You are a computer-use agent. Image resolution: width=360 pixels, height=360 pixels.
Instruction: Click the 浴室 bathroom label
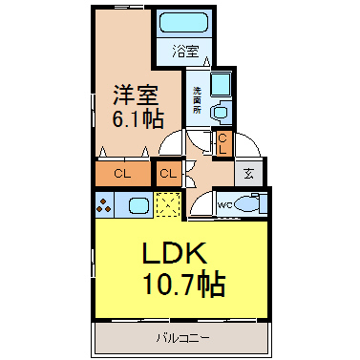point(186,52)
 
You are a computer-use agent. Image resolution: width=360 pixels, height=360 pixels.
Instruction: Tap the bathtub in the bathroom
point(183,22)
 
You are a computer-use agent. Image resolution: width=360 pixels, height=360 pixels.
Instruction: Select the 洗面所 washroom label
point(197,100)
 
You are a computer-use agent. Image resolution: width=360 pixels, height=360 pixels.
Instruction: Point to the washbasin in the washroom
point(221,113)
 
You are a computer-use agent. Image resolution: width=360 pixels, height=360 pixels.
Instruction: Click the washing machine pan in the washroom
point(222,85)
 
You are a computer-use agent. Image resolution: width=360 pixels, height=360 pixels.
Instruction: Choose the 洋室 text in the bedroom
point(136,95)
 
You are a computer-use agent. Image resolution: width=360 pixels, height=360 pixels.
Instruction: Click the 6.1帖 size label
point(138,118)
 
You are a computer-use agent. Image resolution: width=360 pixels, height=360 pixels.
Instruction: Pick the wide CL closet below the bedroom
point(123,174)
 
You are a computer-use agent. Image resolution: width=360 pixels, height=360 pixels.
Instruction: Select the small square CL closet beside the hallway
point(169,174)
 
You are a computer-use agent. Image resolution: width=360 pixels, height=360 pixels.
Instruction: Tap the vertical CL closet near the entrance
point(222,143)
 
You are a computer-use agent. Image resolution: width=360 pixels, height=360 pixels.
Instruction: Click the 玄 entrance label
point(248,174)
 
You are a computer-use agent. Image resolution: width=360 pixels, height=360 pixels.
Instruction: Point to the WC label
point(224,205)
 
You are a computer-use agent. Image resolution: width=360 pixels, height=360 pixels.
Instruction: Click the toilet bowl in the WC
point(247,203)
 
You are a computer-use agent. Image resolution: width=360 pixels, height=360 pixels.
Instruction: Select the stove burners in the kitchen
point(104,205)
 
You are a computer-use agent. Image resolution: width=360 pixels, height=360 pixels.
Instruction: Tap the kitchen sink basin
point(138,205)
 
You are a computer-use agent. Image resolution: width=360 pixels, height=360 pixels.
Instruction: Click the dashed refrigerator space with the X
point(168,204)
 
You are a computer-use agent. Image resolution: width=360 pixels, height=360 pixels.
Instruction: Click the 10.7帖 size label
point(184,284)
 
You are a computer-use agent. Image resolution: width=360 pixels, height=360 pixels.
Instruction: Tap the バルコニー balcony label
point(182,337)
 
